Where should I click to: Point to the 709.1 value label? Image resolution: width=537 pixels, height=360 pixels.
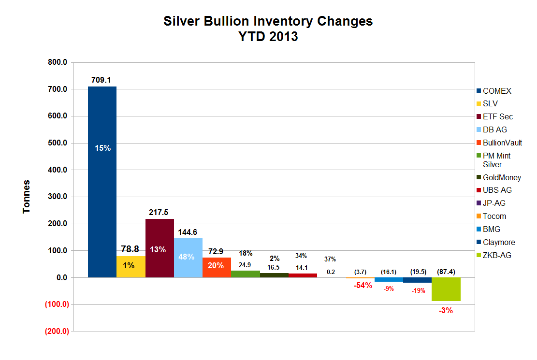tap(102, 80)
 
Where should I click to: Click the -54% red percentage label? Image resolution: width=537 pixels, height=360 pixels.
tap(363, 285)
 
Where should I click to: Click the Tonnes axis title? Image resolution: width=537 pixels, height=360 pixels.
tap(27, 197)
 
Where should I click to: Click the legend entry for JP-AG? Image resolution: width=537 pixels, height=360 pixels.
tap(494, 203)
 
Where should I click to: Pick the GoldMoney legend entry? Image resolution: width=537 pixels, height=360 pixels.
tap(502, 177)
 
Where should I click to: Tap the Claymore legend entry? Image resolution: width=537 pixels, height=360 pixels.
tap(499, 242)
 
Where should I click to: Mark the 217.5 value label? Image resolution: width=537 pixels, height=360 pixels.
tap(160, 212)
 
